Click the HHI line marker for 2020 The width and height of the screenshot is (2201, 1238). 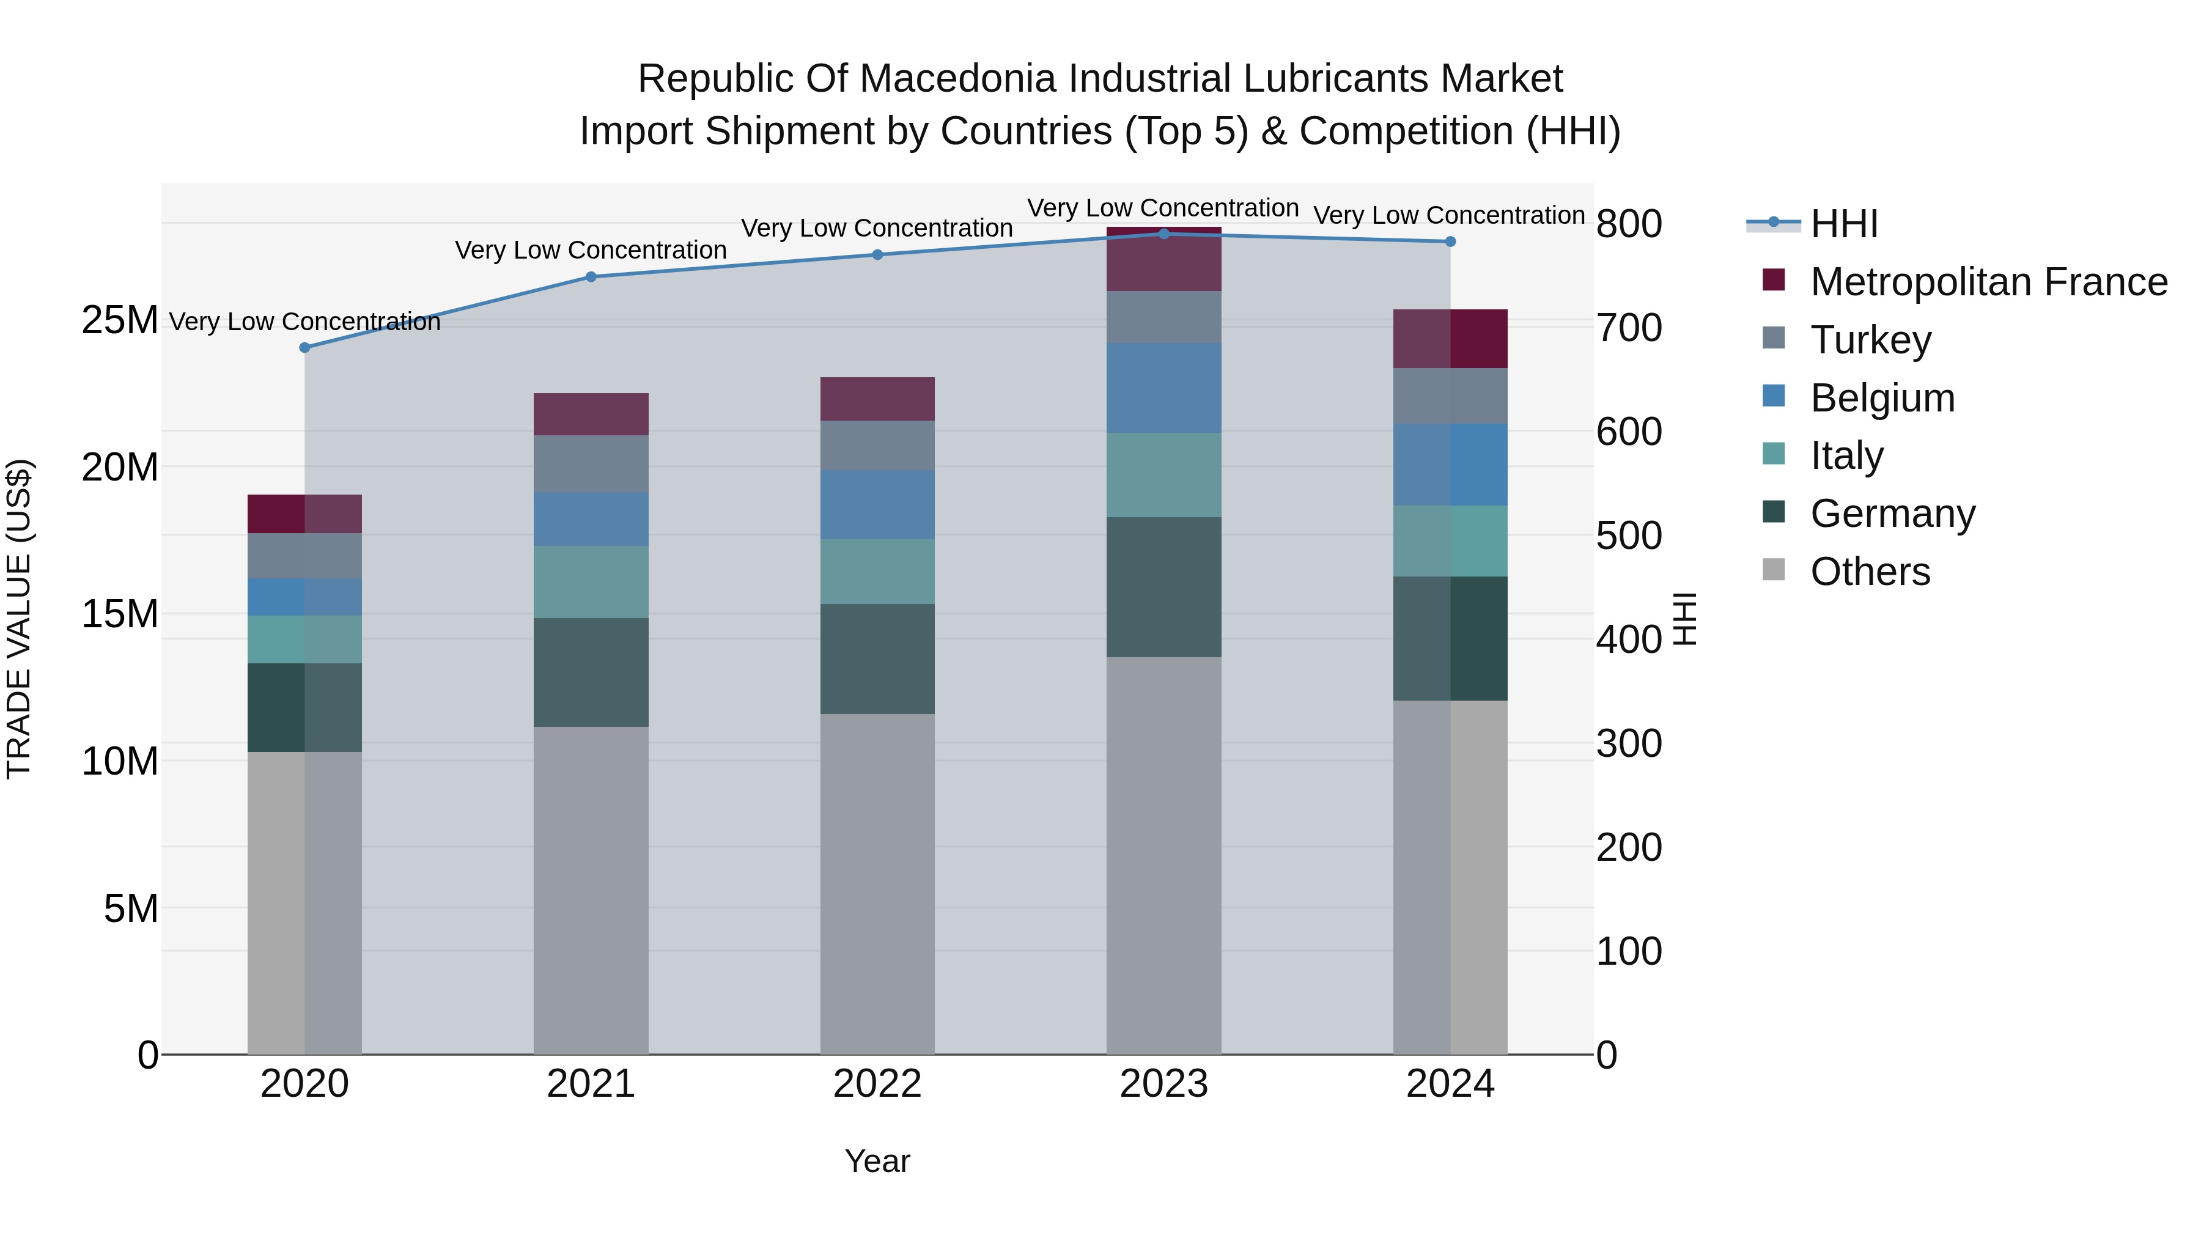304,348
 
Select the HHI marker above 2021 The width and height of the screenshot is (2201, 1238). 591,277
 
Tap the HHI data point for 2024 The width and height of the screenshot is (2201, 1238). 1450,241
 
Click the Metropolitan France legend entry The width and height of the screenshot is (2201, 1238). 1988,282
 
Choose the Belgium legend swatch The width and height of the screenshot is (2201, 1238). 1774,396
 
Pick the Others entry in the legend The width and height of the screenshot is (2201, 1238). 1870,572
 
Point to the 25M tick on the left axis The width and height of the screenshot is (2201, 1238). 120,320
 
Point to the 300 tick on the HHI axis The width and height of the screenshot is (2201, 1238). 1629,743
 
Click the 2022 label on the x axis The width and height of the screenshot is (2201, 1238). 877,1084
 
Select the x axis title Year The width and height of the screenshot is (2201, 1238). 877,1161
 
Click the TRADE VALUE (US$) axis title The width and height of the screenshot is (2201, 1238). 20,619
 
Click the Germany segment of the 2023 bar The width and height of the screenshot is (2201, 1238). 1163,587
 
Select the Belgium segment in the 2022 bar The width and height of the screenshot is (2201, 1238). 877,504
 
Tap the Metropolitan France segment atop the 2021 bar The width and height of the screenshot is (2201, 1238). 591,415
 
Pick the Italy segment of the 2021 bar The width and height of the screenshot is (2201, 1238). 591,582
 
